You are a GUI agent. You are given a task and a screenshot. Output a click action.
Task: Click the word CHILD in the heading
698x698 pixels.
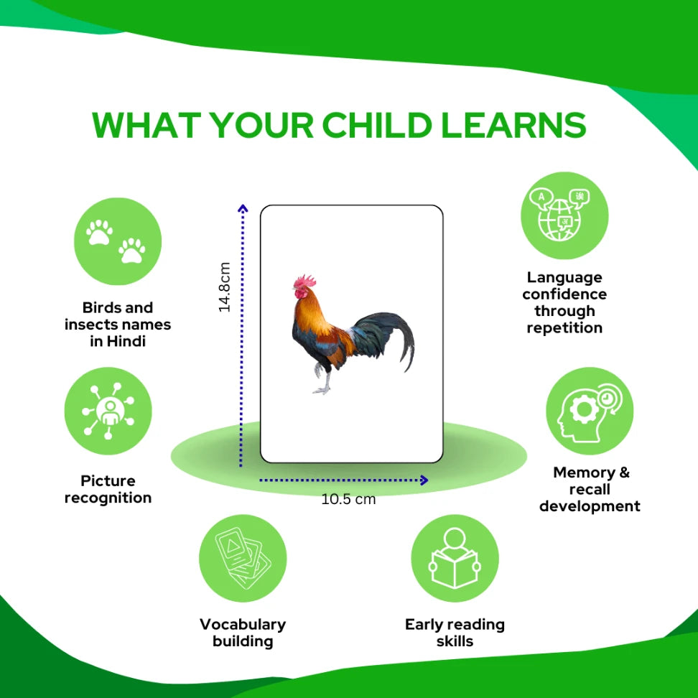(x=376, y=125)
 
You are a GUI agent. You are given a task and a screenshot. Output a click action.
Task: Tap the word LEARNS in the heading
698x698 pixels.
(x=513, y=125)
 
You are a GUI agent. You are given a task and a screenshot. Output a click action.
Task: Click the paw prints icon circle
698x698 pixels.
(x=118, y=241)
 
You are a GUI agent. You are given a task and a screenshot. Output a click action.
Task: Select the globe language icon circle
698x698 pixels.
(x=564, y=215)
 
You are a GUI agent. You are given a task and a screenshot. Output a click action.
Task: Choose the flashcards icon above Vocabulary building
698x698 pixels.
(x=243, y=558)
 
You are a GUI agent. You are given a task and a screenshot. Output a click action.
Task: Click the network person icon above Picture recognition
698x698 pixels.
(x=108, y=411)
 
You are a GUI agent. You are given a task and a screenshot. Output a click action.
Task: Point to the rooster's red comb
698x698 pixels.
(x=305, y=281)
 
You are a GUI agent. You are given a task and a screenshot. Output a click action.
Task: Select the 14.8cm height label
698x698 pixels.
(x=224, y=287)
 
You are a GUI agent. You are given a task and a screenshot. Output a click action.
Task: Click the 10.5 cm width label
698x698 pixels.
(x=348, y=499)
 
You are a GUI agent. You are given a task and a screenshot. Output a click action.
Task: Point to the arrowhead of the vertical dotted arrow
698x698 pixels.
(x=243, y=208)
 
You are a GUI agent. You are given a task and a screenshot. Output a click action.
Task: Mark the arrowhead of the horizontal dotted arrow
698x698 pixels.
(x=424, y=480)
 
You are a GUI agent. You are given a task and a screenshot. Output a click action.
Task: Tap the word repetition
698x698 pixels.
(x=564, y=328)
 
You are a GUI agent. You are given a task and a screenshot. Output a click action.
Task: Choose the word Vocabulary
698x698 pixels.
(x=243, y=625)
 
